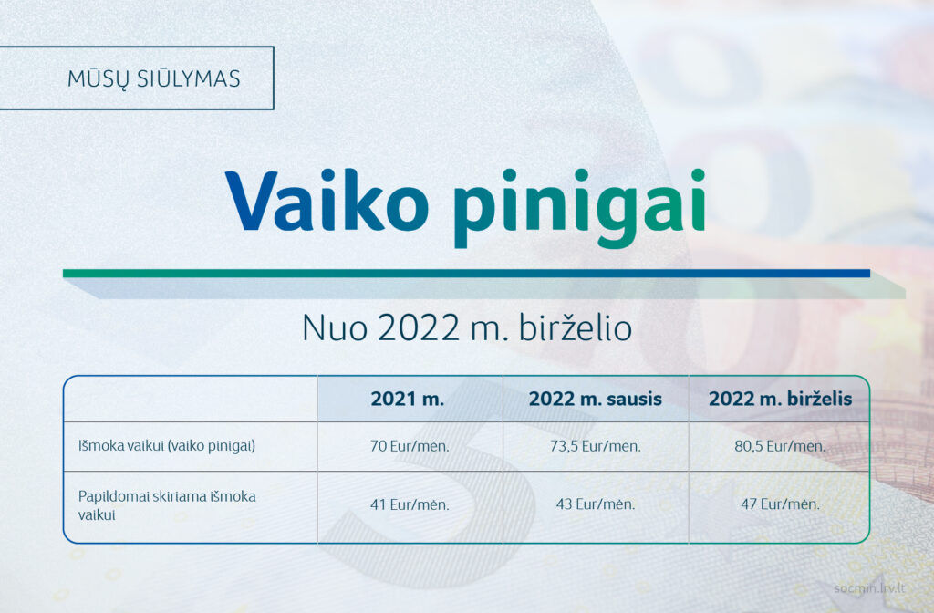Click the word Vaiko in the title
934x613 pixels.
tap(327, 201)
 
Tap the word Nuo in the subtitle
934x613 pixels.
tap(335, 327)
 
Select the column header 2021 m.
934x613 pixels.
tap(408, 399)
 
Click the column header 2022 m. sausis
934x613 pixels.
tap(595, 399)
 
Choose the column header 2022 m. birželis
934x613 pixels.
tap(781, 399)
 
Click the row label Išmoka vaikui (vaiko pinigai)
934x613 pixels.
tap(167, 445)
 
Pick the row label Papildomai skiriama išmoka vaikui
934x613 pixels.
tap(167, 505)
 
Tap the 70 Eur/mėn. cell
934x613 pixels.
tap(410, 446)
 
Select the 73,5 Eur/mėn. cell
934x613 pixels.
tap(596, 446)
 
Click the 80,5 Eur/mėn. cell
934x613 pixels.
tap(781, 446)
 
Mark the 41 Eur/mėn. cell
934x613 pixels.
tap(410, 504)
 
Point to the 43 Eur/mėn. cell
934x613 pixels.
tap(596, 504)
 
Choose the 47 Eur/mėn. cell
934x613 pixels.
tap(781, 504)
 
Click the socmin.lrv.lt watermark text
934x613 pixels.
tap(869, 588)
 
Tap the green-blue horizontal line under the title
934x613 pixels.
tap(466, 274)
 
